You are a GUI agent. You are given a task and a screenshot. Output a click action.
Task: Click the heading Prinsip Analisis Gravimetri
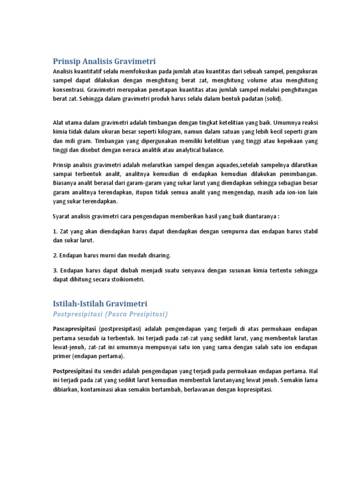(104, 61)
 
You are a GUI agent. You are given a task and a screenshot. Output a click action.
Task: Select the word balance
(212, 150)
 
